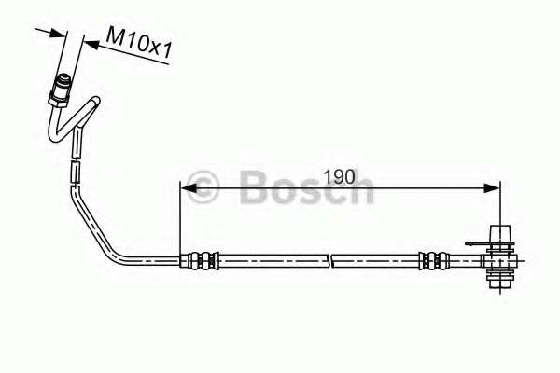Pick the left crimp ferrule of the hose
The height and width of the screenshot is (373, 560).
coord(202,260)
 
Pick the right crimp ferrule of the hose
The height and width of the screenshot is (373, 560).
coord(432,260)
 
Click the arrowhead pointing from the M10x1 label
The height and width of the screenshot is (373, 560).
coord(90,42)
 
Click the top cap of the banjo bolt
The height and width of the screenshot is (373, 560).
coord(499,232)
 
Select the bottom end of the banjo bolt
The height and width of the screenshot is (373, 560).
coord(499,280)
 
